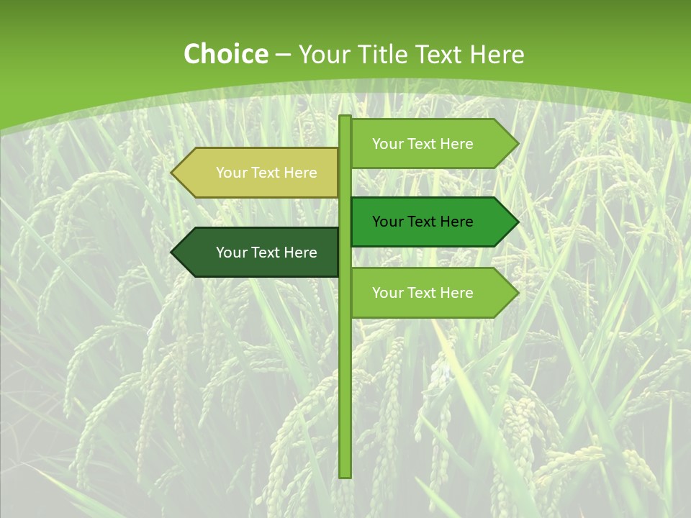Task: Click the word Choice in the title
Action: click(225, 55)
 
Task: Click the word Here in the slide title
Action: click(497, 55)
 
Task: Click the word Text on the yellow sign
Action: click(266, 173)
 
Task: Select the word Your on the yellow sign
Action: click(231, 173)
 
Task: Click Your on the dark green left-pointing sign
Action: click(231, 253)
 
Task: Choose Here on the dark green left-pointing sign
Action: click(300, 253)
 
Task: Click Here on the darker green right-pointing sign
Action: click(456, 222)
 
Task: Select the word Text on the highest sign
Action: click(422, 144)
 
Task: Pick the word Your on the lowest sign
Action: click(387, 293)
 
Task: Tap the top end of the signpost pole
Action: click(345, 117)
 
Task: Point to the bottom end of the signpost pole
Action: click(345, 476)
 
